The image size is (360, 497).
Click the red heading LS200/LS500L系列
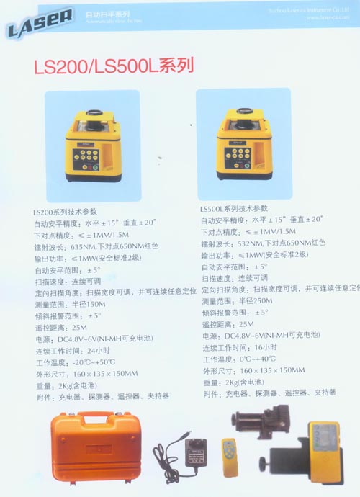pyautogui.click(x=114, y=67)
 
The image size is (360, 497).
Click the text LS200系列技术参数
pyautogui.click(x=66, y=213)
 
